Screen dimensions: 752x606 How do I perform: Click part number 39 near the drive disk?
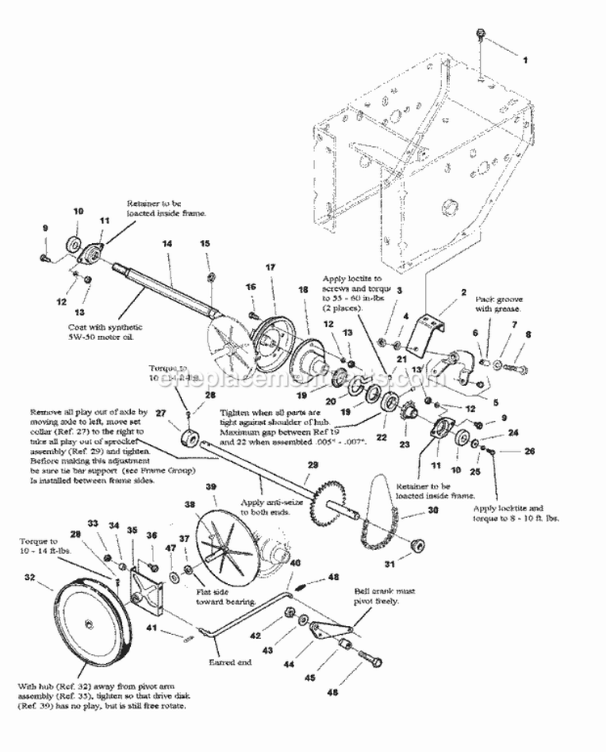(211, 486)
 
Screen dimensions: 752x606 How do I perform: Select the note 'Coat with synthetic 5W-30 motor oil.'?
(106, 331)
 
